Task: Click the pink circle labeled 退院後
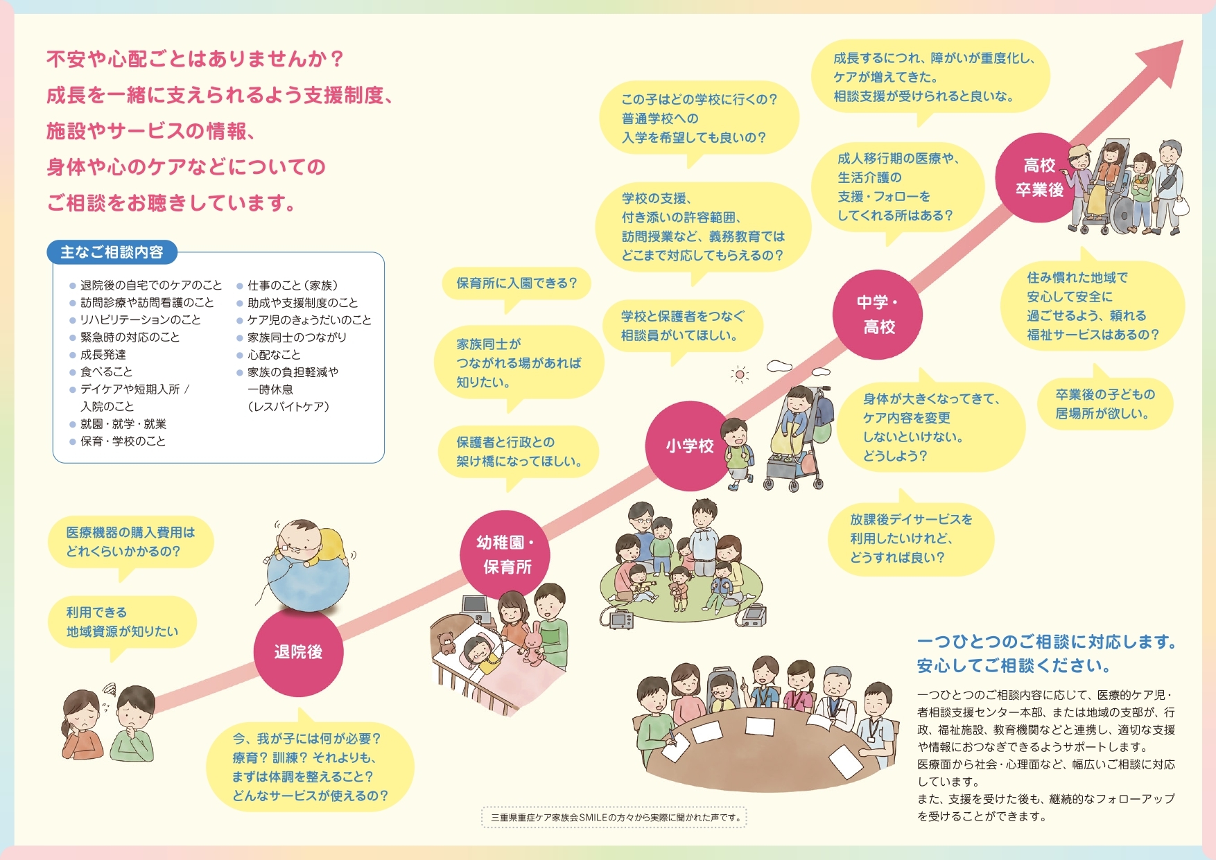298,651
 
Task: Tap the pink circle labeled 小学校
690,446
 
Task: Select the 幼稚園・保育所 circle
505,554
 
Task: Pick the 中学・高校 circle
877,314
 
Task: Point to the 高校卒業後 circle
1039,177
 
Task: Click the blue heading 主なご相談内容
112,252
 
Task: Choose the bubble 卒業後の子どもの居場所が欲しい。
1104,405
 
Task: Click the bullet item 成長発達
103,355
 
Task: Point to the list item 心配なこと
275,355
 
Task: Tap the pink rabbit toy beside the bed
532,642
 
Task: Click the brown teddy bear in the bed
445,642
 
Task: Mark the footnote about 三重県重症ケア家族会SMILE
614,818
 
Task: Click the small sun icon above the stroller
740,375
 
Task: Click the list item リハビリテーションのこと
141,320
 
